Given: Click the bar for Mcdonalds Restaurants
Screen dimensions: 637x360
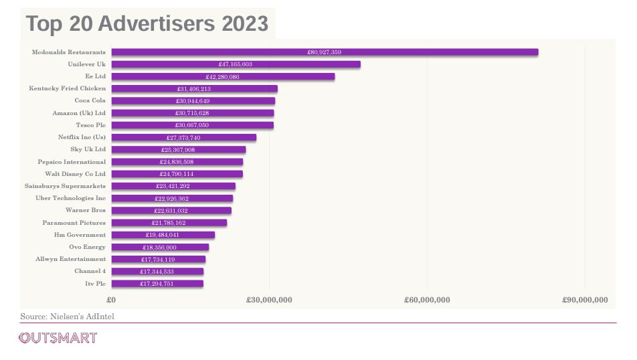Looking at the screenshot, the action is click(325, 52).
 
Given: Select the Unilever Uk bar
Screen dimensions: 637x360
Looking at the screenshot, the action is click(236, 64).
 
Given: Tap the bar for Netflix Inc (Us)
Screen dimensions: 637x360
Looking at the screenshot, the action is click(184, 137).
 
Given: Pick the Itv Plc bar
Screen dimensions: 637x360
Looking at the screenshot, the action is click(158, 284).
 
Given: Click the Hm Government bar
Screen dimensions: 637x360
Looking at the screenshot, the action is click(163, 235).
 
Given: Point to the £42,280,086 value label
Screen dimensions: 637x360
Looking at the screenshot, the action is click(222, 76).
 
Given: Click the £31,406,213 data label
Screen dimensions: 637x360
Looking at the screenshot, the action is click(194, 88).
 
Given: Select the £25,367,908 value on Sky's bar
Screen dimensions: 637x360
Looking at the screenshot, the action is click(178, 149).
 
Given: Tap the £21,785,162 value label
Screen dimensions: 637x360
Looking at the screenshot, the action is click(169, 223).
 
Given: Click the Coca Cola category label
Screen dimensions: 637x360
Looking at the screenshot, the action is click(90, 100).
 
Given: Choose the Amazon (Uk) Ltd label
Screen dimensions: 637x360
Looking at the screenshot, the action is click(79, 113).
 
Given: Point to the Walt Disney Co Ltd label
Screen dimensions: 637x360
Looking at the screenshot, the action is click(75, 174).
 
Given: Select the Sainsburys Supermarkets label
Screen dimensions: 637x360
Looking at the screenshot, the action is click(65, 186).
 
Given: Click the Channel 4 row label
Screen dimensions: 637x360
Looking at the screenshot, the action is click(90, 271).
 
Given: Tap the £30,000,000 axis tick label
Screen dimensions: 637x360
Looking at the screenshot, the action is click(269, 300).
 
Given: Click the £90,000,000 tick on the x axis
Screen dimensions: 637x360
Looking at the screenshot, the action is click(585, 300).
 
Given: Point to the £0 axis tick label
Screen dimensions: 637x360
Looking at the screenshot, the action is click(111, 300).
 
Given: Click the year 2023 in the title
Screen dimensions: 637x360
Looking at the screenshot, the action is click(245, 23).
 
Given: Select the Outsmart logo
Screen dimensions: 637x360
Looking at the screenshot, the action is click(58, 338).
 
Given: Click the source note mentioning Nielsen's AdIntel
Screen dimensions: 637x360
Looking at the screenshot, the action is click(68, 316).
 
